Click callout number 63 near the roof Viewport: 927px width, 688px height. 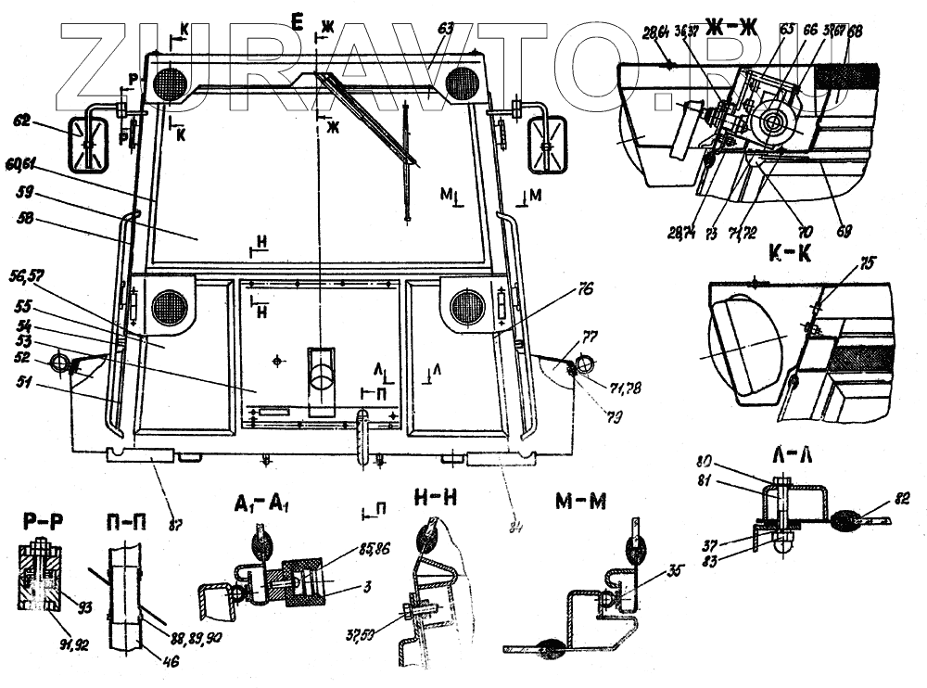pos(446,30)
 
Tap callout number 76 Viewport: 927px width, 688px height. pos(583,288)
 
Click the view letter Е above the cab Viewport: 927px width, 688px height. pos(298,22)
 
